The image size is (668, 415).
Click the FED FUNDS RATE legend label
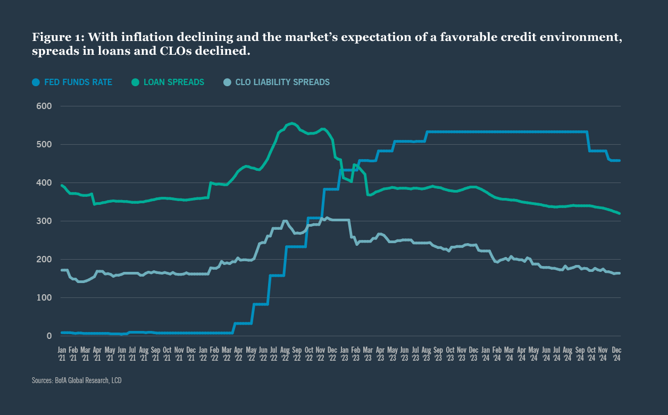coord(78,82)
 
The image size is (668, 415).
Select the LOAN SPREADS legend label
coord(174,82)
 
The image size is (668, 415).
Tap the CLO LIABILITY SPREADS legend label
coord(282,82)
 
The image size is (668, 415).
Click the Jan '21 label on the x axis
coord(62,354)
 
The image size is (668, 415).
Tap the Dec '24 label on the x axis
coord(616,354)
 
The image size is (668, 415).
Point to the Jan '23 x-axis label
coord(344,354)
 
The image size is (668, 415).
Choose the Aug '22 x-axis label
coord(285,354)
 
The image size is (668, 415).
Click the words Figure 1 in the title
coord(57,38)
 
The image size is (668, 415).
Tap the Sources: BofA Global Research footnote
coord(78,380)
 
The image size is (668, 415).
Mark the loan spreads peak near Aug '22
coord(291,123)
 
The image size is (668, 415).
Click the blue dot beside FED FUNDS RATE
coord(36,82)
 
